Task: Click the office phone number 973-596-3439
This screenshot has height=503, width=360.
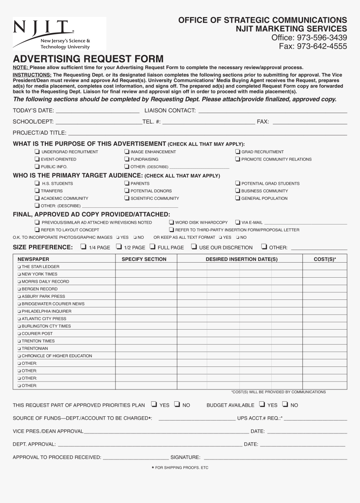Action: (309, 38)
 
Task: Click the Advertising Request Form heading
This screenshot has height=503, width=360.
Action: (88, 59)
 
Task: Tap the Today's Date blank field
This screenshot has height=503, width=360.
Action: (97, 110)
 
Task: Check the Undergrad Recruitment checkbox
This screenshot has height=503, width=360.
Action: (37, 152)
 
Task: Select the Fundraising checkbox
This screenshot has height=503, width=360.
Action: (127, 159)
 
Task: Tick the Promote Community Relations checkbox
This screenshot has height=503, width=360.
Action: (237, 159)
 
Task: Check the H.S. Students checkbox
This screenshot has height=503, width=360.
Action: (37, 183)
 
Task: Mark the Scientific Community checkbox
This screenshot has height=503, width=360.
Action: (127, 198)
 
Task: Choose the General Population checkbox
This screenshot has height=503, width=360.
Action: (237, 198)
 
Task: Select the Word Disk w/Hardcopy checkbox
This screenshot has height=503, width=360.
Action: (172, 222)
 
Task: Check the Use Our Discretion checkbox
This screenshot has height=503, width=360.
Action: (194, 247)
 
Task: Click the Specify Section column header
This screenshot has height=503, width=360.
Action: (144, 259)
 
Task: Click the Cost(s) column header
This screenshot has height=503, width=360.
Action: (324, 259)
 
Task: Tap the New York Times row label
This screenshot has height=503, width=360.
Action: (39, 274)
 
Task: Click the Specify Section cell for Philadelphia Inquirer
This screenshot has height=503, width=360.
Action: (146, 311)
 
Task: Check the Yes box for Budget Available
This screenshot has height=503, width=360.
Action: (262, 404)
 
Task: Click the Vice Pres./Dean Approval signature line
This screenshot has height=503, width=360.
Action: (166, 431)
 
